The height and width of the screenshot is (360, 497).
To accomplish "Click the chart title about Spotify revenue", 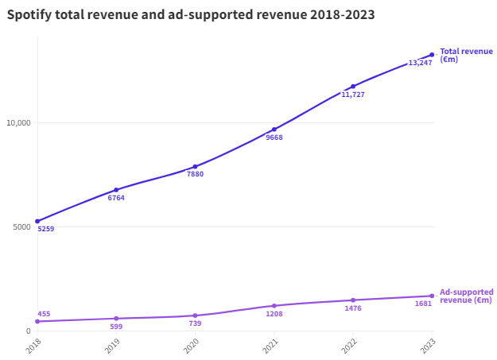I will click(x=191, y=14).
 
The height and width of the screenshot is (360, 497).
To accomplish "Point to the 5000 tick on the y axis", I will click(x=21, y=226).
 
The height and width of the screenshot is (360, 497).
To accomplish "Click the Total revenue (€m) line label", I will click(x=466, y=55).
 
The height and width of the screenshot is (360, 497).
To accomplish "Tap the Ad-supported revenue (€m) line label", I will click(x=466, y=296).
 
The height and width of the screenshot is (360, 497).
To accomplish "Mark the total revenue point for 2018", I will click(x=37, y=221).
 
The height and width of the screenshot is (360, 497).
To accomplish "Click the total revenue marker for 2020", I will click(x=195, y=167).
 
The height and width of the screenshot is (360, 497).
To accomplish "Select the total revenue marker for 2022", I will click(x=353, y=87).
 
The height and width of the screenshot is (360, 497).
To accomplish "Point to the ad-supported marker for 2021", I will click(x=274, y=306).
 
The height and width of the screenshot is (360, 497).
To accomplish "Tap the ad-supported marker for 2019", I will click(x=116, y=319).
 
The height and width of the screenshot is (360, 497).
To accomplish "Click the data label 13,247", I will click(x=420, y=63).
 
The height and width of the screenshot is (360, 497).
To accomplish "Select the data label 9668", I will click(x=274, y=137).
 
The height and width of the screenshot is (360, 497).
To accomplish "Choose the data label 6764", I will click(x=116, y=198).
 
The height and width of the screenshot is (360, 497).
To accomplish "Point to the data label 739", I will click(x=195, y=323).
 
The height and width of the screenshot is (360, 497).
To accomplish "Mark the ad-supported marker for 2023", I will click(x=432, y=296).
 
